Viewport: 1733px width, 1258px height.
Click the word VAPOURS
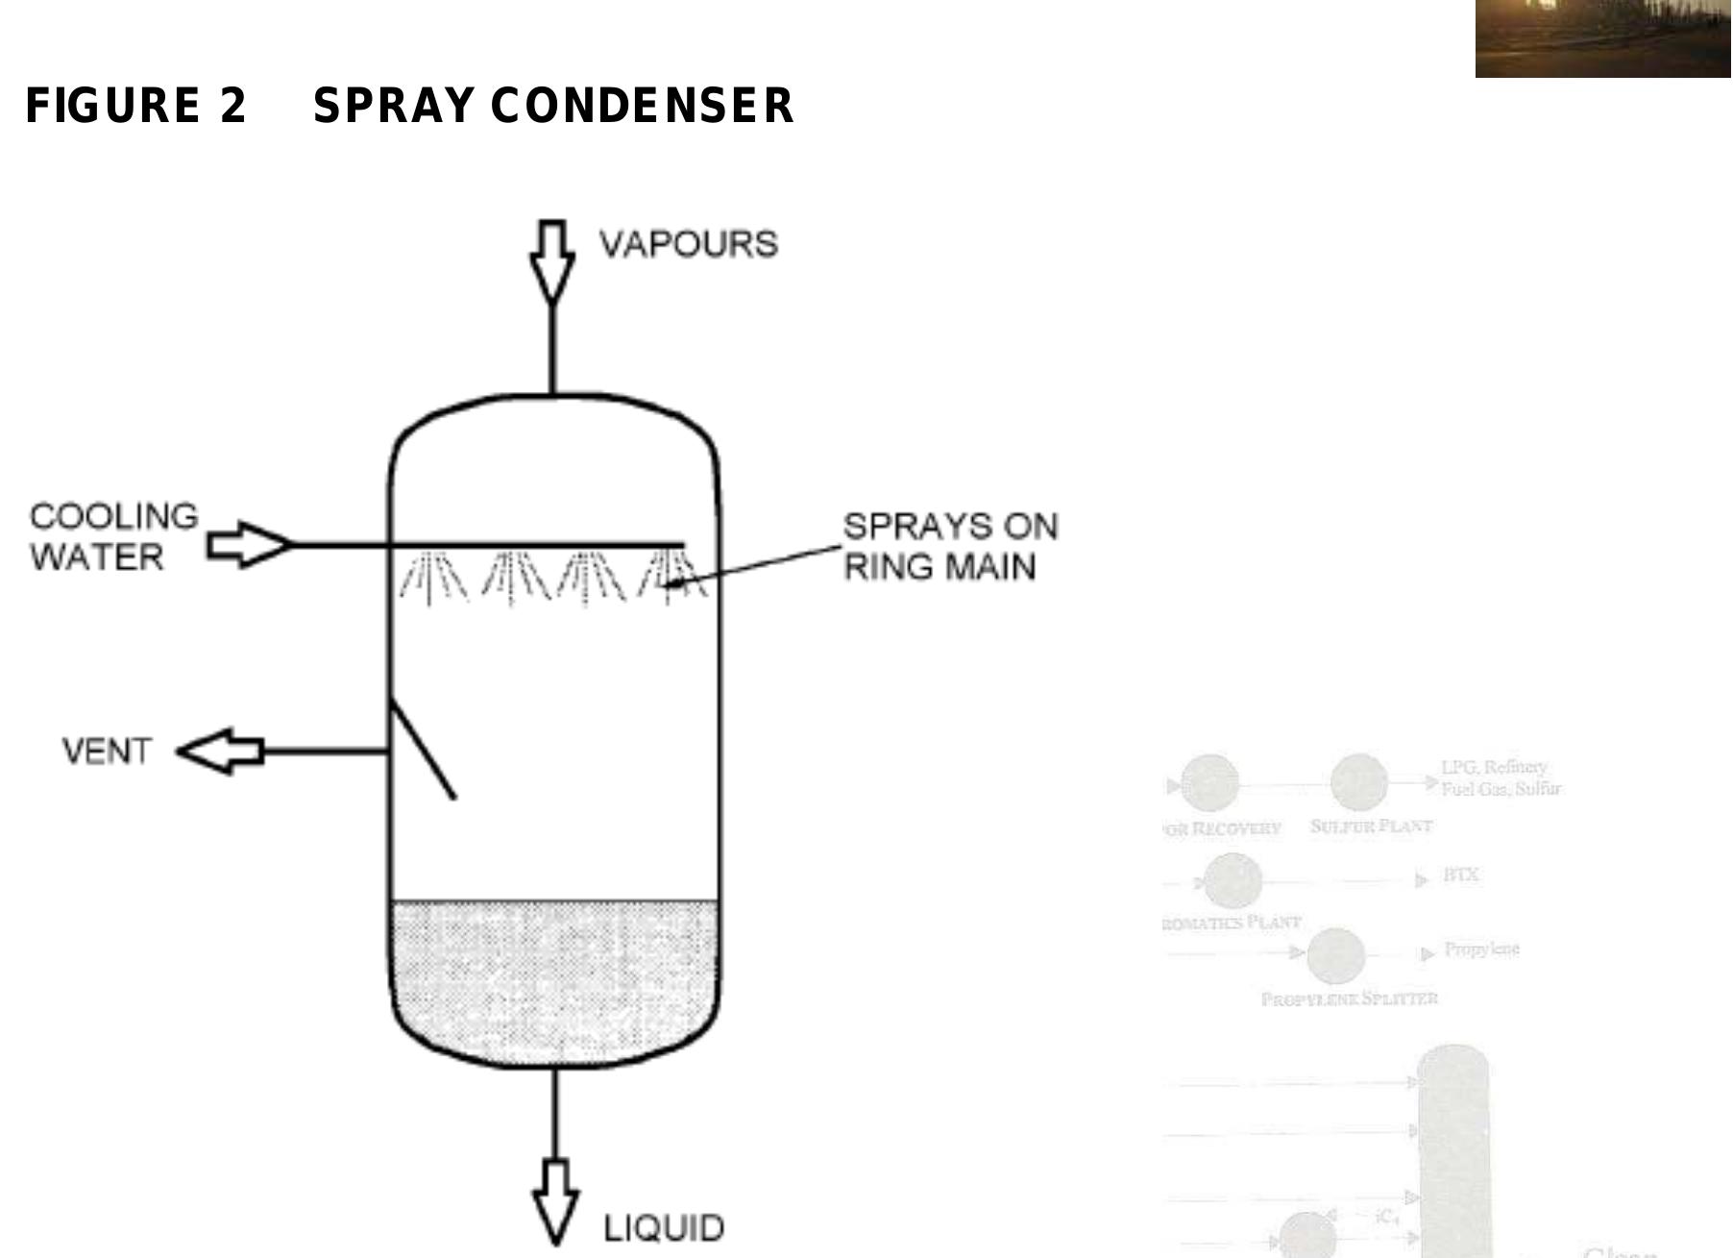[x=688, y=244]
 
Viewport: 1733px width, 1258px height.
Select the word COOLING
[x=113, y=517]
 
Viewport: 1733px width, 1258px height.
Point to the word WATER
[x=96, y=557]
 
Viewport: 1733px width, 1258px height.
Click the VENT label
[x=107, y=751]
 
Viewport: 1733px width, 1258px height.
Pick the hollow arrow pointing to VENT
[x=220, y=752]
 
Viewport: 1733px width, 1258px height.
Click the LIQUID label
[x=663, y=1228]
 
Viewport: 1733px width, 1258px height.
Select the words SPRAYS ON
[x=950, y=527]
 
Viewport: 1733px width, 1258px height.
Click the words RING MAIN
[x=940, y=567]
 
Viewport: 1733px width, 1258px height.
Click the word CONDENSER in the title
[x=642, y=106]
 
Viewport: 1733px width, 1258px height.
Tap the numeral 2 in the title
[x=232, y=106]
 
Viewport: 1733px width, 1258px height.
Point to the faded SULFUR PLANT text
[x=1371, y=826]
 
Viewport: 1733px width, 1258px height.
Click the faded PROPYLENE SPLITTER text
[x=1349, y=999]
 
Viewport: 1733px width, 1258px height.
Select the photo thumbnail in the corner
[x=1602, y=38]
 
